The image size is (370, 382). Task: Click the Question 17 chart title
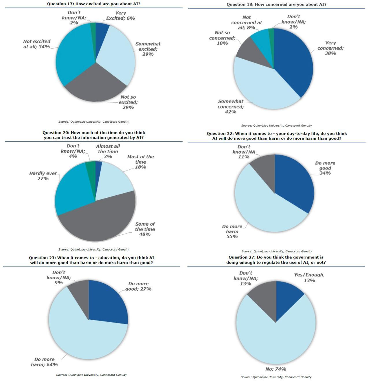(94, 4)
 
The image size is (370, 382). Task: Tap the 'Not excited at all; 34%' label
(37, 44)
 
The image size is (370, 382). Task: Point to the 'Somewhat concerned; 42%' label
(231, 106)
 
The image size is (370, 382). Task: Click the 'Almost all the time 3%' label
(108, 151)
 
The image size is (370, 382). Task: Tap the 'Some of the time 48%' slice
(98, 222)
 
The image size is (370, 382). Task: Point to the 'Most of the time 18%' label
(140, 162)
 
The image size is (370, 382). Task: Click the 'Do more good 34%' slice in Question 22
(295, 185)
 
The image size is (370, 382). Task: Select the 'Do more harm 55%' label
(232, 231)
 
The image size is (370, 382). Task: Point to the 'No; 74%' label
(276, 369)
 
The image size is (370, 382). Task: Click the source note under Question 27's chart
(276, 377)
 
